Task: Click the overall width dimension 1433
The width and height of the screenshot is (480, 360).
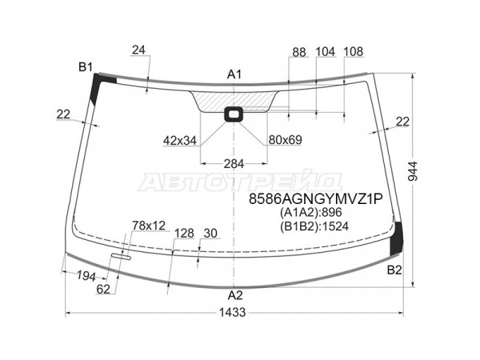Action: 232,313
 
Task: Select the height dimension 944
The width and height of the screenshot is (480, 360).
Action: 413,171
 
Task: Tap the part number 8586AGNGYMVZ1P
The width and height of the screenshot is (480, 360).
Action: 316,199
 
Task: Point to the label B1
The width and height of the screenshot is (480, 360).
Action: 86,66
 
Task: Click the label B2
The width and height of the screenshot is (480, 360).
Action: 394,270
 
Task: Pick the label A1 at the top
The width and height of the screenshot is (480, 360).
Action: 234,74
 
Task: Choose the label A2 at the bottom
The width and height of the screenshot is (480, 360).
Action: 235,295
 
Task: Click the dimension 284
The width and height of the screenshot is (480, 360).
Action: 234,164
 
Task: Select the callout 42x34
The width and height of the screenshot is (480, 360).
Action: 180,141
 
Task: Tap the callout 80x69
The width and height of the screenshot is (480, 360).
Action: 286,139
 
